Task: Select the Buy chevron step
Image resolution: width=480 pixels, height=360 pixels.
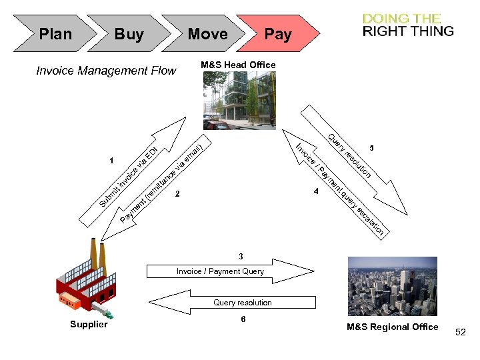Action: click(x=129, y=34)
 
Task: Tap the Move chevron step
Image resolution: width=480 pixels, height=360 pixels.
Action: click(x=207, y=34)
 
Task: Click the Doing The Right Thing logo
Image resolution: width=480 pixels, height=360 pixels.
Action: click(x=408, y=25)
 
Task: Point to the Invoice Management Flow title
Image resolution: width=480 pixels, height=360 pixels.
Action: click(x=106, y=71)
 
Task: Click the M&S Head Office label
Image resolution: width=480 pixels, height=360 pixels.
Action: click(x=238, y=65)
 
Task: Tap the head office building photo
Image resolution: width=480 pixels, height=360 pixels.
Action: click(x=239, y=99)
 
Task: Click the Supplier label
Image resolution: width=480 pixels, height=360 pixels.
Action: click(x=89, y=325)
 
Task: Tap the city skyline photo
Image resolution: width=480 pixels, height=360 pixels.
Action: click(x=393, y=286)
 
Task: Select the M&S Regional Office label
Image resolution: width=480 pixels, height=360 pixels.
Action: click(x=393, y=327)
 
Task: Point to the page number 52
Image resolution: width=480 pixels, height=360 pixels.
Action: click(x=461, y=331)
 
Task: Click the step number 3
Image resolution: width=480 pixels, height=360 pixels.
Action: click(x=241, y=256)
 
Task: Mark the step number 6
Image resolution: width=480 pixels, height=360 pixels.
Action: click(x=243, y=319)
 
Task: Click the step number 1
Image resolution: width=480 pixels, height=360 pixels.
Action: click(x=111, y=161)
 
